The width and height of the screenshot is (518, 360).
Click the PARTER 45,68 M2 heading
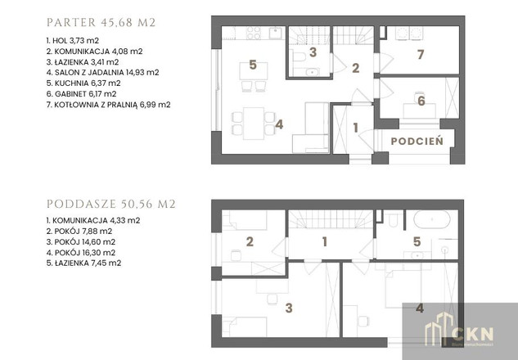click(x=101, y=22)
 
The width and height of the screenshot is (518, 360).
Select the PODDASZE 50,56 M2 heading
click(x=111, y=204)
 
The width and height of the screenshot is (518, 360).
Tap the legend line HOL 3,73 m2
click(x=73, y=41)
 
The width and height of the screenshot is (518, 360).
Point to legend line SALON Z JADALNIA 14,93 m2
click(x=103, y=72)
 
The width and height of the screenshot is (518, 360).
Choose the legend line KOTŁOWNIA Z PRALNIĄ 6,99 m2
click(x=108, y=105)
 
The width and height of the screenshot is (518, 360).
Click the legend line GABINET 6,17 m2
click(x=81, y=94)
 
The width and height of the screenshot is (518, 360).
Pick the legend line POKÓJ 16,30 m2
click(x=81, y=253)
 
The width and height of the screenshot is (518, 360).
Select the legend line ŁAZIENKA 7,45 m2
click(x=84, y=263)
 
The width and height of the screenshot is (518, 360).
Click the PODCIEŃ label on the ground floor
click(x=417, y=142)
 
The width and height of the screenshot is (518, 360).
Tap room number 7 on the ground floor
click(x=421, y=55)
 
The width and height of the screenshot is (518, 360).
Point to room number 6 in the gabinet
click(x=421, y=101)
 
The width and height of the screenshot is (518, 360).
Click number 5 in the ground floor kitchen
click(x=253, y=65)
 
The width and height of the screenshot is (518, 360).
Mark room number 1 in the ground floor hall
click(x=355, y=128)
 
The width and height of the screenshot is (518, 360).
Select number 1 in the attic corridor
click(x=325, y=241)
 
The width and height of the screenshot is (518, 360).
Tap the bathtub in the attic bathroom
click(x=432, y=219)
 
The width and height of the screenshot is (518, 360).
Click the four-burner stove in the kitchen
click(x=254, y=33)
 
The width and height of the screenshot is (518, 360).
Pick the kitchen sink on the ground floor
click(x=275, y=33)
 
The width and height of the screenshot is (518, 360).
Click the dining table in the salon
click(x=254, y=124)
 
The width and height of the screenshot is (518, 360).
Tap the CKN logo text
click(x=472, y=335)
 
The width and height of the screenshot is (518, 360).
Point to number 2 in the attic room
click(x=250, y=241)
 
